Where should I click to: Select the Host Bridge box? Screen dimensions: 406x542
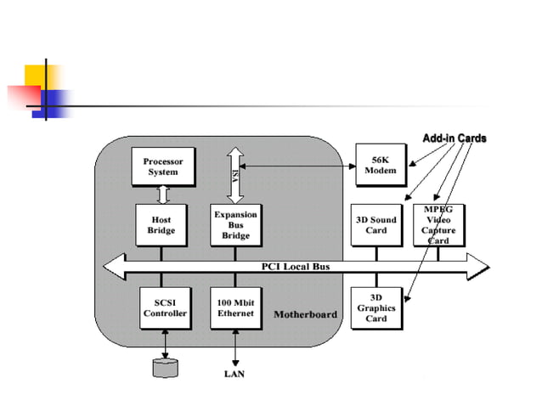(x=161, y=225)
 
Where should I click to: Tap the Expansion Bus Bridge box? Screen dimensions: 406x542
(x=235, y=225)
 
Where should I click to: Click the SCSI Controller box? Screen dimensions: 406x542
(x=164, y=307)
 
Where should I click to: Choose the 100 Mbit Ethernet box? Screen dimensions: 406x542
(x=235, y=307)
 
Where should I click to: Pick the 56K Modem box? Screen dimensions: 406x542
(x=380, y=165)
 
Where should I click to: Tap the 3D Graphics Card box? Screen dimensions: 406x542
(x=376, y=307)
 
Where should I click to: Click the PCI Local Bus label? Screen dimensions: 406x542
(x=295, y=267)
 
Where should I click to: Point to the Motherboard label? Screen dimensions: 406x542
(x=305, y=314)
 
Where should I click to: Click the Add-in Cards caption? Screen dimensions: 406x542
(x=454, y=138)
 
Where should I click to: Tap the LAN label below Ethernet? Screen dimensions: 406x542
(x=234, y=372)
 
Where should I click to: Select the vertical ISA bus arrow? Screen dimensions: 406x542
(x=235, y=174)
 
